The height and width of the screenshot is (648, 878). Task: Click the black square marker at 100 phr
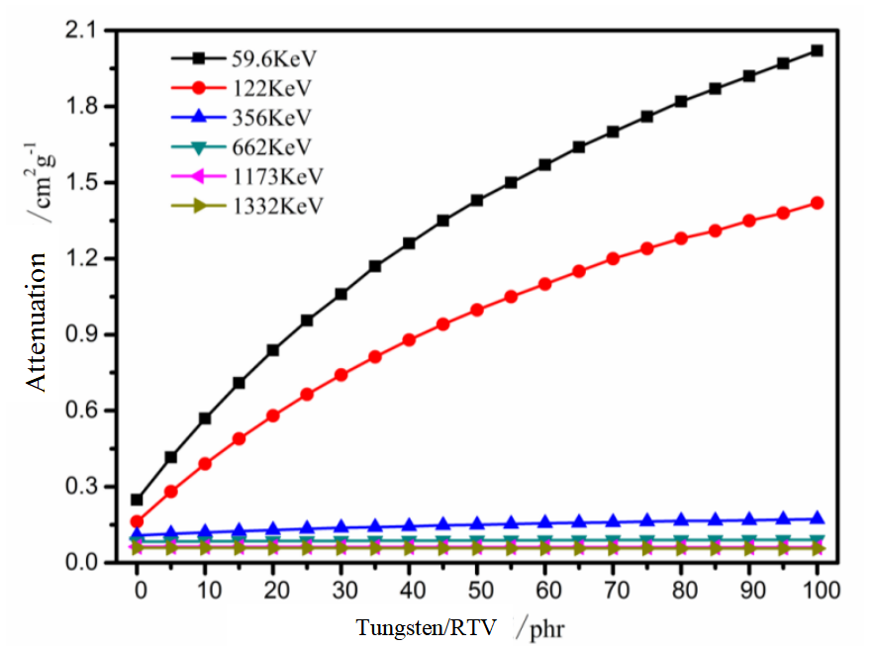point(817,50)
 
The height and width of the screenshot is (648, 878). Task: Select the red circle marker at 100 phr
point(817,203)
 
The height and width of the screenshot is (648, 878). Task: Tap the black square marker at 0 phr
point(137,500)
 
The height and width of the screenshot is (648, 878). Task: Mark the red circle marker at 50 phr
point(477,310)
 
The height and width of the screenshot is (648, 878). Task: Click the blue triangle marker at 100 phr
point(817,518)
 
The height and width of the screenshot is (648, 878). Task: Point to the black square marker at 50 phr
point(477,200)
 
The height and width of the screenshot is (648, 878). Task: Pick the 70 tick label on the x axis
point(613,591)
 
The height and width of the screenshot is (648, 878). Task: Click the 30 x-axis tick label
point(341,591)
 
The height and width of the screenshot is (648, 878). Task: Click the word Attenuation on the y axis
point(38,323)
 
